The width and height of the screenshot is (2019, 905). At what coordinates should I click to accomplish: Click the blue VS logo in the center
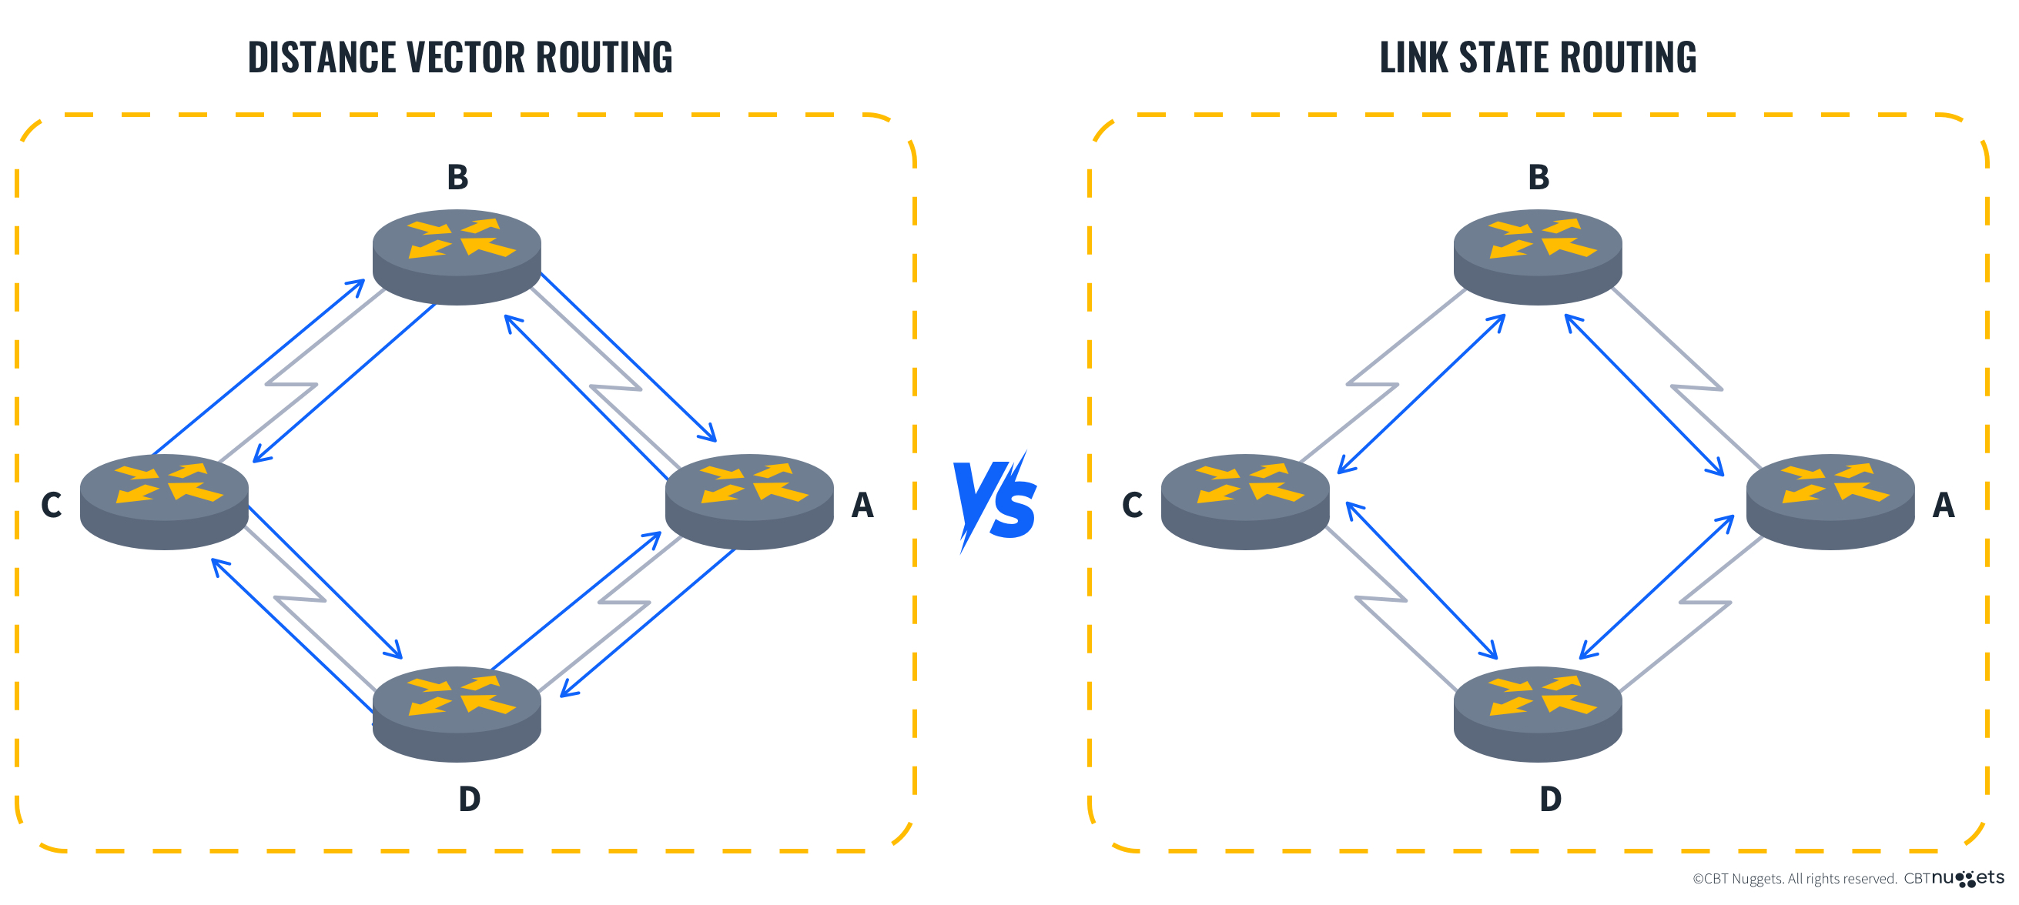(995, 502)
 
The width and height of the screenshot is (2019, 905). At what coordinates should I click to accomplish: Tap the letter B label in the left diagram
(457, 177)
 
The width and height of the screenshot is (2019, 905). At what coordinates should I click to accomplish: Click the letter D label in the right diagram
(1549, 799)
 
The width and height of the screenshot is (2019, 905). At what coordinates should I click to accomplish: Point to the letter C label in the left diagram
(52, 505)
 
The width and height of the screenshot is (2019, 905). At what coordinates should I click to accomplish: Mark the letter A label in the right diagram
(1943, 505)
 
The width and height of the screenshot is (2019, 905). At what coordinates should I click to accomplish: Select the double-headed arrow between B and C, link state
(1421, 394)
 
